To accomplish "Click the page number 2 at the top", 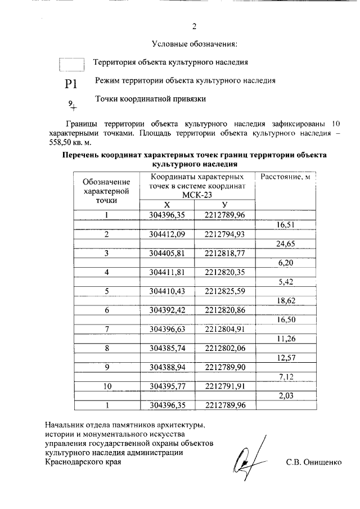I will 194,26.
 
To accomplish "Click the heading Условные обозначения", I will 194,44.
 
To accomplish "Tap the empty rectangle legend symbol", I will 71,64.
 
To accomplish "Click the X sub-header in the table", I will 166,205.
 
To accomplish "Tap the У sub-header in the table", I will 224,205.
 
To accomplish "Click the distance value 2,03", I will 285,397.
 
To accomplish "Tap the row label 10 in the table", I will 106,386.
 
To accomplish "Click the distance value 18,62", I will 285,301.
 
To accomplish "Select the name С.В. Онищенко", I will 313,462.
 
